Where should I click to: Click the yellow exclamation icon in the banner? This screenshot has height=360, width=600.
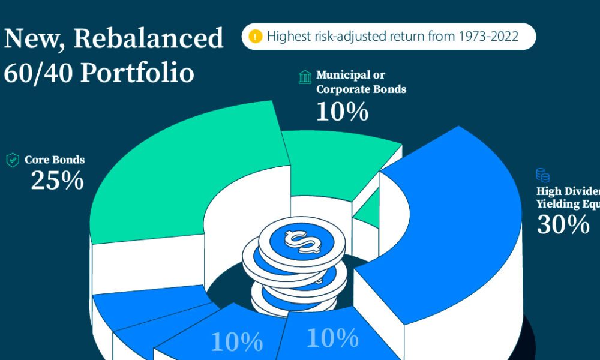click(x=256, y=37)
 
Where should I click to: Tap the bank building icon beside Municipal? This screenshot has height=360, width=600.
click(x=305, y=77)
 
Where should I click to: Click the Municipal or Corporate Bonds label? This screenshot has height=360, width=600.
click(x=361, y=82)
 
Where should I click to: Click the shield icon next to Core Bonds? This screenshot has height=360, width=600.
click(x=12, y=160)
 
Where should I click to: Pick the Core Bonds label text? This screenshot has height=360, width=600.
click(x=55, y=160)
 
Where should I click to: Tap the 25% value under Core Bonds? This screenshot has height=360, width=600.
click(x=57, y=181)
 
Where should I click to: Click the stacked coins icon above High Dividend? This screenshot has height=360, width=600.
click(x=542, y=176)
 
